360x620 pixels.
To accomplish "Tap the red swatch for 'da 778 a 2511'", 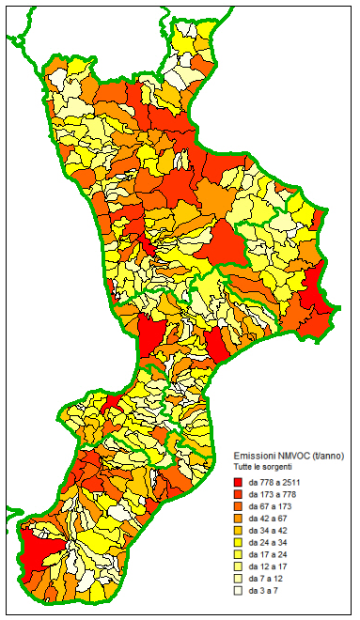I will (239, 482).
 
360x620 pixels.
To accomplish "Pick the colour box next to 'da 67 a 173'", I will (239, 506).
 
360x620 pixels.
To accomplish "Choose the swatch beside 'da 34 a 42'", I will (239, 531).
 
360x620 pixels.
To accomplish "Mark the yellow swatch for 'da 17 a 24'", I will (239, 555).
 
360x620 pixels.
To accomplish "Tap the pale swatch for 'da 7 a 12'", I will (239, 580).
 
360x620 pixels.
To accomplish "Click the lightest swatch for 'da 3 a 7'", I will (239, 592).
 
